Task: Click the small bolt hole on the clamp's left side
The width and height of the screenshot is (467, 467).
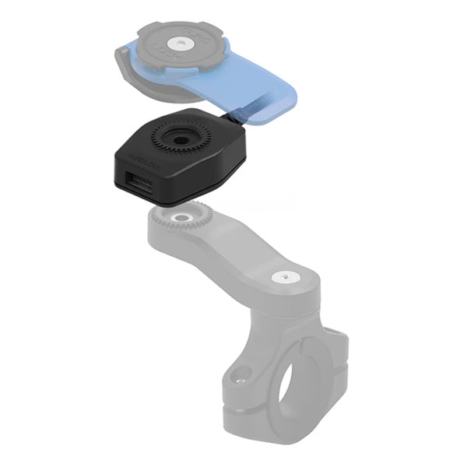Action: tap(242, 381)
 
